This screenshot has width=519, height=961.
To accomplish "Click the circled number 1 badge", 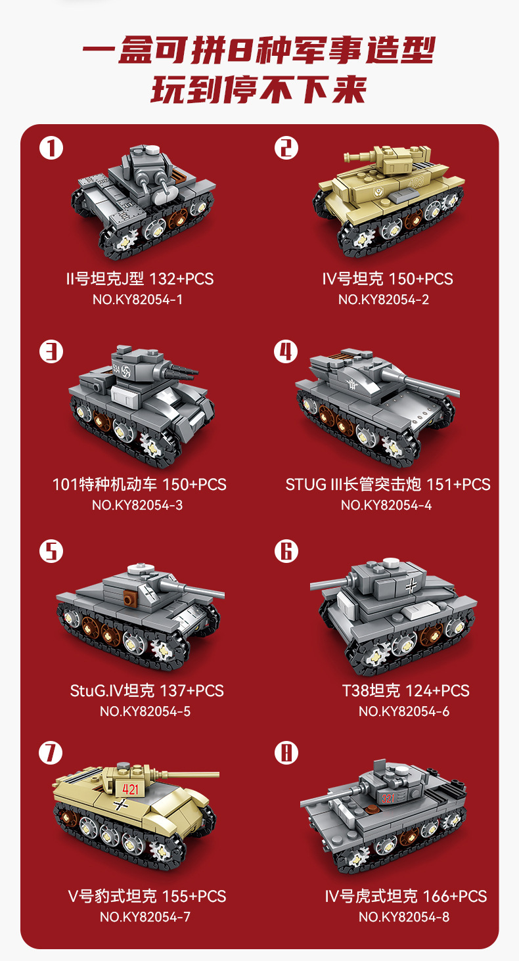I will coord(51,148).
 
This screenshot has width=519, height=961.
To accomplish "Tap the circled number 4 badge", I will coord(286,352).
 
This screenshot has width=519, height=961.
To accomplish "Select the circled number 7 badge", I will coord(51,753).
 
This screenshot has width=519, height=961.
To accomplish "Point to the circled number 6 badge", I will coord(286,550).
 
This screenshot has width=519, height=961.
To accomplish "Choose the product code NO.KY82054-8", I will coord(404,917).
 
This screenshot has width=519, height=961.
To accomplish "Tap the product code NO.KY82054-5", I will coord(145,711).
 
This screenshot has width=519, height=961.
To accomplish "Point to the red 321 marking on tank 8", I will coord(388,799).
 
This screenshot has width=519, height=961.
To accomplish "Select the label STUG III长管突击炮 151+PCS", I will coord(388,485).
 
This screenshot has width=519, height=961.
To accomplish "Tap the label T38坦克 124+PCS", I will coord(405,690).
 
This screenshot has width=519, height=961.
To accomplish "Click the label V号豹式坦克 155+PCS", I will coord(147,896).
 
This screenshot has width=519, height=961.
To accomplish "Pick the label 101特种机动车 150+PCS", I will coord(139,485).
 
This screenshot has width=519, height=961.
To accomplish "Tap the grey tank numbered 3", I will coord(141,401).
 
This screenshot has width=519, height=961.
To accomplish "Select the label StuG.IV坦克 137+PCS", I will coord(147,690).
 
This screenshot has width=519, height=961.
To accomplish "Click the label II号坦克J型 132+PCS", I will coord(139,279).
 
